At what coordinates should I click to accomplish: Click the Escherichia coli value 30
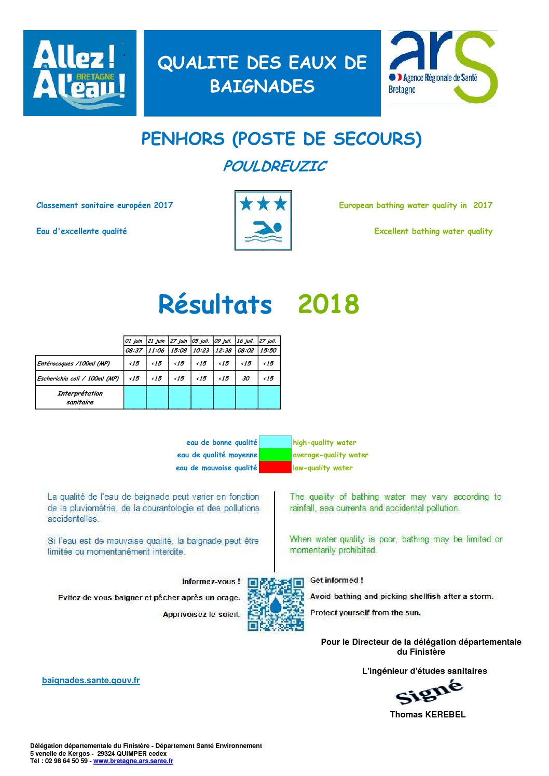[x=246, y=378]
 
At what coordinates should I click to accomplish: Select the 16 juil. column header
[x=246, y=341]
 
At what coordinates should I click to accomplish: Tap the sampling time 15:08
[x=179, y=350]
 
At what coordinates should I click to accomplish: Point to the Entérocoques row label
[x=74, y=363]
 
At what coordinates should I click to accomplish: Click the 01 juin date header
[x=134, y=341]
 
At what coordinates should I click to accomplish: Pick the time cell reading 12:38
[x=224, y=350]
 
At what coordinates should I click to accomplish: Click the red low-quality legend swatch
[x=275, y=468]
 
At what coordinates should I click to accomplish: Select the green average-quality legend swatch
[x=275, y=455]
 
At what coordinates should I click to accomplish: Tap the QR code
[x=276, y=604]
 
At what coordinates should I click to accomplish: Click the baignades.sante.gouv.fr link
[x=91, y=680]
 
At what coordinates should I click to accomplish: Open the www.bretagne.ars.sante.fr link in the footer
[x=133, y=761]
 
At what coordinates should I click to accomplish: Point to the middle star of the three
[x=264, y=204]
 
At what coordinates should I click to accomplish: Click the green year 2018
[x=328, y=304]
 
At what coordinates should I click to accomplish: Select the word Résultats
[x=215, y=304]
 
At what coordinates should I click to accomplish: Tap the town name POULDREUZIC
[x=274, y=166]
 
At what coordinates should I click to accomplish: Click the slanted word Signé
[x=429, y=692]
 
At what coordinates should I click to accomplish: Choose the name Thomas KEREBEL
[x=428, y=714]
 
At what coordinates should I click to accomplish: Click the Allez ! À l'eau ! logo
[x=80, y=73]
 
